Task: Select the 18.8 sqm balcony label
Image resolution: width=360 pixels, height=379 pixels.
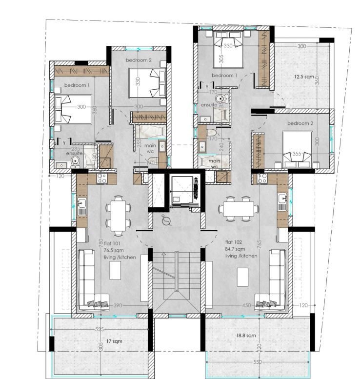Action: [246, 336]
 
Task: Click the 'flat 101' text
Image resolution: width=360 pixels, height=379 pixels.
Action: [110, 242]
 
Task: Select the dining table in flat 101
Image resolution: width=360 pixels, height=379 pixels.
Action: [118, 213]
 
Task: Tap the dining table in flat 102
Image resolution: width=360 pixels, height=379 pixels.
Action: [239, 209]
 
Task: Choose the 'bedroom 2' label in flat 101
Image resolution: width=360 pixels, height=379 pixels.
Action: [139, 60]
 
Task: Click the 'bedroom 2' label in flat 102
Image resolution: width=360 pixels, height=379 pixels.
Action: [300, 123]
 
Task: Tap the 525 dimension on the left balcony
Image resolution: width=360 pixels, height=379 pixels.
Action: [100, 329]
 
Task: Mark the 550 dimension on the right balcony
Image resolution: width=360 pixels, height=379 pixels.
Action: [257, 362]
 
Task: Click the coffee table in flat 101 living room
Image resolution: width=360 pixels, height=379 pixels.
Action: [116, 270]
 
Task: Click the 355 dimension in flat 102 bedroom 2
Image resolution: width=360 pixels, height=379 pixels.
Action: [297, 154]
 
